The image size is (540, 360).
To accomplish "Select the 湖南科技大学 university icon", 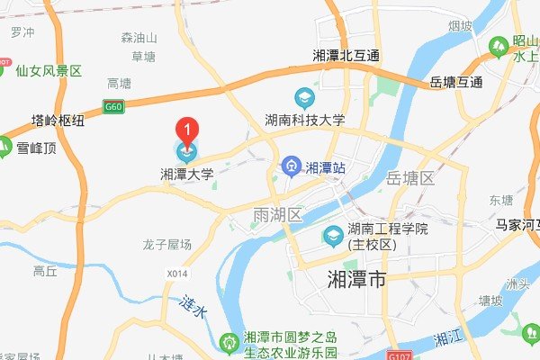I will pos(303,96).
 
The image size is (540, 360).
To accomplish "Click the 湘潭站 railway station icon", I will pos(291,166).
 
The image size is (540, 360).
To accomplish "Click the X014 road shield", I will pos(179,273).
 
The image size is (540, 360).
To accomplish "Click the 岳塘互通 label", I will pos(456,82).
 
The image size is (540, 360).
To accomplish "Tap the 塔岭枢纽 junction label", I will pos(60,119).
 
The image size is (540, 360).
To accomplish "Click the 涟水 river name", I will pos(193,306).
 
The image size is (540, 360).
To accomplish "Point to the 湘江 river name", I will pos(446,337).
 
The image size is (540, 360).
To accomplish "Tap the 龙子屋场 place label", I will pos(166,244).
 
